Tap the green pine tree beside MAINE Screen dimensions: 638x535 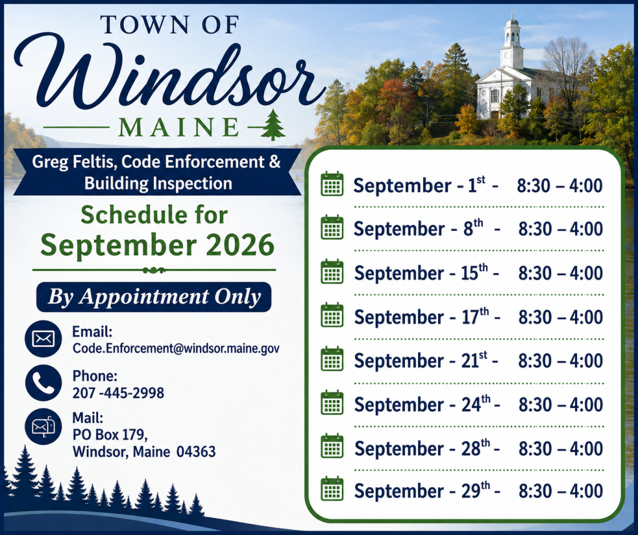[274, 125]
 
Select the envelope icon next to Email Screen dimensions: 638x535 [43, 339]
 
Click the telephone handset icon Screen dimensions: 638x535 [43, 383]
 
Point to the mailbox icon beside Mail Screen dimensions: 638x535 [43, 427]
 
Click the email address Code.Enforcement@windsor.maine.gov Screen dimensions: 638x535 [176, 349]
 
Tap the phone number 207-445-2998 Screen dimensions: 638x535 [118, 392]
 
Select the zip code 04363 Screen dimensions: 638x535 [196, 452]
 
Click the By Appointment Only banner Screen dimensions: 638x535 [154, 297]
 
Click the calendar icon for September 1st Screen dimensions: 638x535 [332, 184]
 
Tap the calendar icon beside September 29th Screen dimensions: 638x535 [332, 489]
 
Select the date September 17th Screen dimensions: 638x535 [422, 317]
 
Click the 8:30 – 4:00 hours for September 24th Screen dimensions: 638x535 [561, 405]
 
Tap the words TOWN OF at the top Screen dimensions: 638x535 [169, 25]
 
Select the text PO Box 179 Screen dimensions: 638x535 [110, 435]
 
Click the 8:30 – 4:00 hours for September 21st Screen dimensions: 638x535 [561, 361]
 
